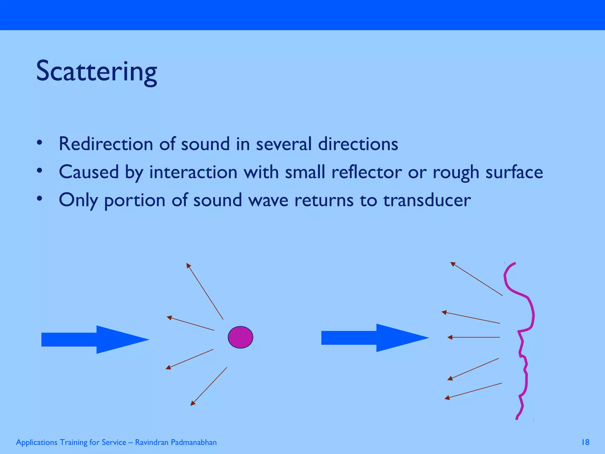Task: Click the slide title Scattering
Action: [x=96, y=72]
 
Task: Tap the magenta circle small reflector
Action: [x=240, y=337]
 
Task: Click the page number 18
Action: [x=585, y=442]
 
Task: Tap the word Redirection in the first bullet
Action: [x=106, y=144]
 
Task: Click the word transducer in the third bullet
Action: [x=427, y=200]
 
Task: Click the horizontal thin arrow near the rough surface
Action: [x=474, y=337]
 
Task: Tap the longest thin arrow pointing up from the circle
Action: [x=205, y=291]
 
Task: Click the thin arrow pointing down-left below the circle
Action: [x=209, y=386]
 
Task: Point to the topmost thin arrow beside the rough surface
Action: [x=476, y=279]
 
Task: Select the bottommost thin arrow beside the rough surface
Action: [x=473, y=391]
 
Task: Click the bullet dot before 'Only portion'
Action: [x=40, y=199]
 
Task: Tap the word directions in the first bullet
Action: [x=358, y=144]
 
